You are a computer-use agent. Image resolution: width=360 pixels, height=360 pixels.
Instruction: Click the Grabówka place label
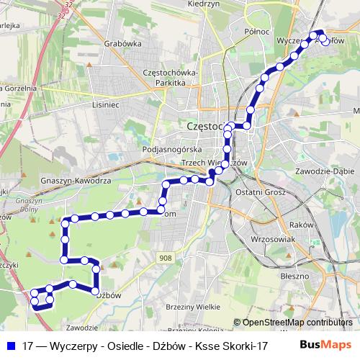121,42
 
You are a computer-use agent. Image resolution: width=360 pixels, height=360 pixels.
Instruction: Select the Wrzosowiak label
264,238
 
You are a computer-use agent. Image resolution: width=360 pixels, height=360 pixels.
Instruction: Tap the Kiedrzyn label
203,4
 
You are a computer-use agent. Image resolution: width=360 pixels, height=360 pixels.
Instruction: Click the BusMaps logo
320,346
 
